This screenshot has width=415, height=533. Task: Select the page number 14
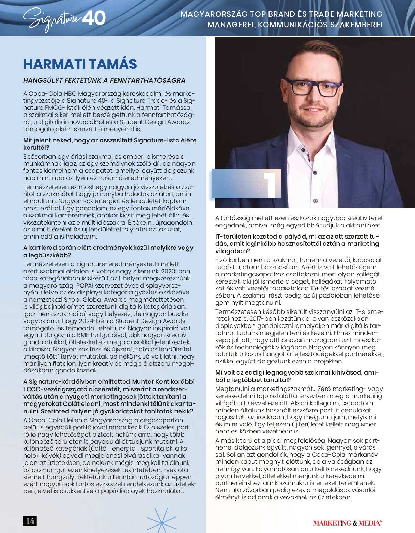click(30, 521)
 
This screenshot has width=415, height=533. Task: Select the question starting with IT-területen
click(297, 244)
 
